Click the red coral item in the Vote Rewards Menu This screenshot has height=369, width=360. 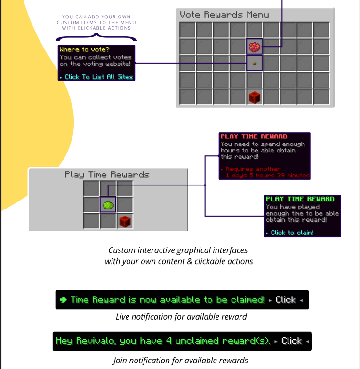(x=254, y=47)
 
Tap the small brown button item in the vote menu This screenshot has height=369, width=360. (x=254, y=63)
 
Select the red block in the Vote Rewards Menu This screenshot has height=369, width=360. (x=254, y=97)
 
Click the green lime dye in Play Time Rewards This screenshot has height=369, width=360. (x=108, y=205)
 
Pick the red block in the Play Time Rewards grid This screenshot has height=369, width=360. (x=125, y=221)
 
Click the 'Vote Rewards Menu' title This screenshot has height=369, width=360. (x=224, y=15)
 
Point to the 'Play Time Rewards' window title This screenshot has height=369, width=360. (x=107, y=175)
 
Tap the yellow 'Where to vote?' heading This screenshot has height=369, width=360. (x=84, y=49)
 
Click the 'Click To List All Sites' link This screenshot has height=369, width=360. (x=99, y=77)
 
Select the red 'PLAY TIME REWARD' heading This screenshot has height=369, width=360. (x=254, y=136)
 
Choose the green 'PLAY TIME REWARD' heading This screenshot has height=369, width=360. (x=300, y=199)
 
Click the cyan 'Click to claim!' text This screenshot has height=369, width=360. (x=292, y=233)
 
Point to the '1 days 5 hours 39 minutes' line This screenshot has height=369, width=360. (x=267, y=176)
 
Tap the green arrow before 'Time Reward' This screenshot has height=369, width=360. (x=63, y=299)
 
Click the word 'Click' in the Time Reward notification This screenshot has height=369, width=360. (x=285, y=299)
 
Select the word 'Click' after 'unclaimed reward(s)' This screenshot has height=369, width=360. (x=292, y=341)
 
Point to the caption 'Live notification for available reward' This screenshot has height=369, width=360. (x=181, y=317)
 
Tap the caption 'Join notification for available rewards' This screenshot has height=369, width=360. (x=180, y=361)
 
